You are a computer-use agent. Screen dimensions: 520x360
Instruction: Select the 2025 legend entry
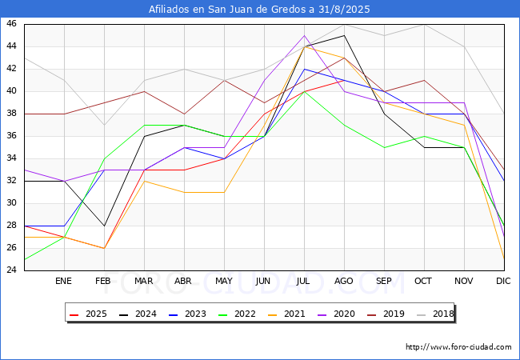pyautogui.click(x=88, y=314)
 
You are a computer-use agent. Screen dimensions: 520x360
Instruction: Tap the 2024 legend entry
pyautogui.click(x=138, y=314)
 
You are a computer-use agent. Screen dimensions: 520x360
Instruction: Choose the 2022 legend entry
pyautogui.click(x=237, y=314)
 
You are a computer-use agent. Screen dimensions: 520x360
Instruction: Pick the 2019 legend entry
pyautogui.click(x=386, y=314)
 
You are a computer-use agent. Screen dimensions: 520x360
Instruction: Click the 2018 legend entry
pyautogui.click(x=435, y=314)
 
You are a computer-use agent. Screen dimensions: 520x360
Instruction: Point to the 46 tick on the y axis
pyautogui.click(x=11, y=24)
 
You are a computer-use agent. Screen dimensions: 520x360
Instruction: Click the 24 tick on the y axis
pyautogui.click(x=11, y=270)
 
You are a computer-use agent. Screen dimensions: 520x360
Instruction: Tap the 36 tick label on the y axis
pyautogui.click(x=11, y=136)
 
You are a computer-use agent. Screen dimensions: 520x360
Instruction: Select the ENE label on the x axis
pyautogui.click(x=63, y=281)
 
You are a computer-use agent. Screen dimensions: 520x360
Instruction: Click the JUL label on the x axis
pyautogui.click(x=303, y=281)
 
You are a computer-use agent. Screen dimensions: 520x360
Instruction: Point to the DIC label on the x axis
pyautogui.click(x=503, y=281)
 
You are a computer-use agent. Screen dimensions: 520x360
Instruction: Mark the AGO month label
pyautogui.click(x=343, y=281)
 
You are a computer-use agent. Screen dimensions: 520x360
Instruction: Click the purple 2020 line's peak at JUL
pyautogui.click(x=305, y=35)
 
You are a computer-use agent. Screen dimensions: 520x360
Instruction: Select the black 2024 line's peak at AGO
pyautogui.click(x=344, y=35)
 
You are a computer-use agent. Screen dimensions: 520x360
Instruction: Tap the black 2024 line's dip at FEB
pyautogui.click(x=105, y=226)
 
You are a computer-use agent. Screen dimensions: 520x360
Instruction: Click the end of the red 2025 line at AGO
pyautogui.click(x=344, y=80)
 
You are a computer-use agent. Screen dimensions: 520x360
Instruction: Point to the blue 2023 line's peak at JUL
pyautogui.click(x=305, y=69)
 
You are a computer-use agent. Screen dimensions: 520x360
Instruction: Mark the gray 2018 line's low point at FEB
pyautogui.click(x=105, y=125)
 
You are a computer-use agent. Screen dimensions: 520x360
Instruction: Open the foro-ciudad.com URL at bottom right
pyautogui.click(x=458, y=347)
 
